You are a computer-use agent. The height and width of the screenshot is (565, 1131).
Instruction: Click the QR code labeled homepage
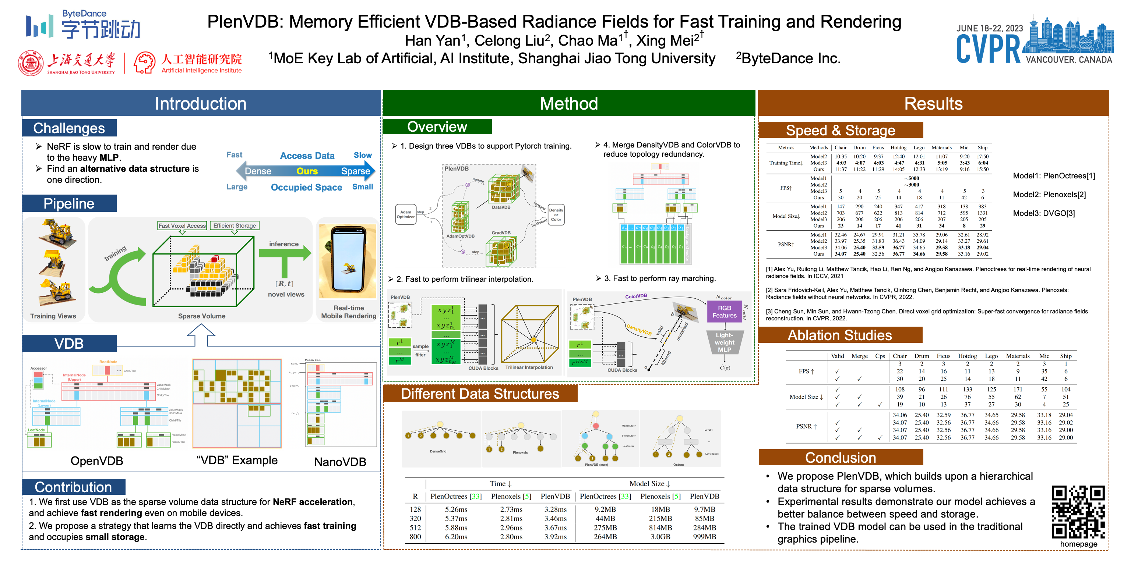(x=1078, y=512)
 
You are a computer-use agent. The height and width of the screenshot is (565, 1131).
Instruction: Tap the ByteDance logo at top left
(x=84, y=25)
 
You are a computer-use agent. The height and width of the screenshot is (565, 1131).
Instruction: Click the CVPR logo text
(x=988, y=49)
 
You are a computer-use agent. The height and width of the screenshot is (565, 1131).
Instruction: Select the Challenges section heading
(x=69, y=128)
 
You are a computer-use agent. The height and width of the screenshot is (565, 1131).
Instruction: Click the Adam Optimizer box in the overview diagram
(x=405, y=214)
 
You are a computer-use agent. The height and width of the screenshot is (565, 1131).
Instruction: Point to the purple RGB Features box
(x=724, y=312)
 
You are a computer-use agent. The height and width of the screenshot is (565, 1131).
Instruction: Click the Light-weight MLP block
(x=724, y=342)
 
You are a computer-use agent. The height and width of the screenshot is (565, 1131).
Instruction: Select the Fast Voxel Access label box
(x=182, y=225)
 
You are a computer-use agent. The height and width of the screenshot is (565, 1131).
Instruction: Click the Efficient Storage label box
(x=235, y=225)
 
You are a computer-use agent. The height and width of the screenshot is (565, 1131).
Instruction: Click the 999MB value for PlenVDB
(x=704, y=536)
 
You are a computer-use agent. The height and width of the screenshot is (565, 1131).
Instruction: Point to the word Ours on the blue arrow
(x=307, y=171)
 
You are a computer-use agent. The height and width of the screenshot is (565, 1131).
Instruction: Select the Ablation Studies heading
(x=839, y=335)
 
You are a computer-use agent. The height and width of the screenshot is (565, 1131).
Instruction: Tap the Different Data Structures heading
(x=480, y=394)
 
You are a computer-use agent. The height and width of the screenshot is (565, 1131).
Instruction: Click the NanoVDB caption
(x=340, y=462)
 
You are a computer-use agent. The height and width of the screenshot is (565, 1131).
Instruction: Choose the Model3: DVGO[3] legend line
(x=1044, y=213)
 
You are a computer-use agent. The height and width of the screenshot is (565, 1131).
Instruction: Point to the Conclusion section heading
(x=841, y=458)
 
